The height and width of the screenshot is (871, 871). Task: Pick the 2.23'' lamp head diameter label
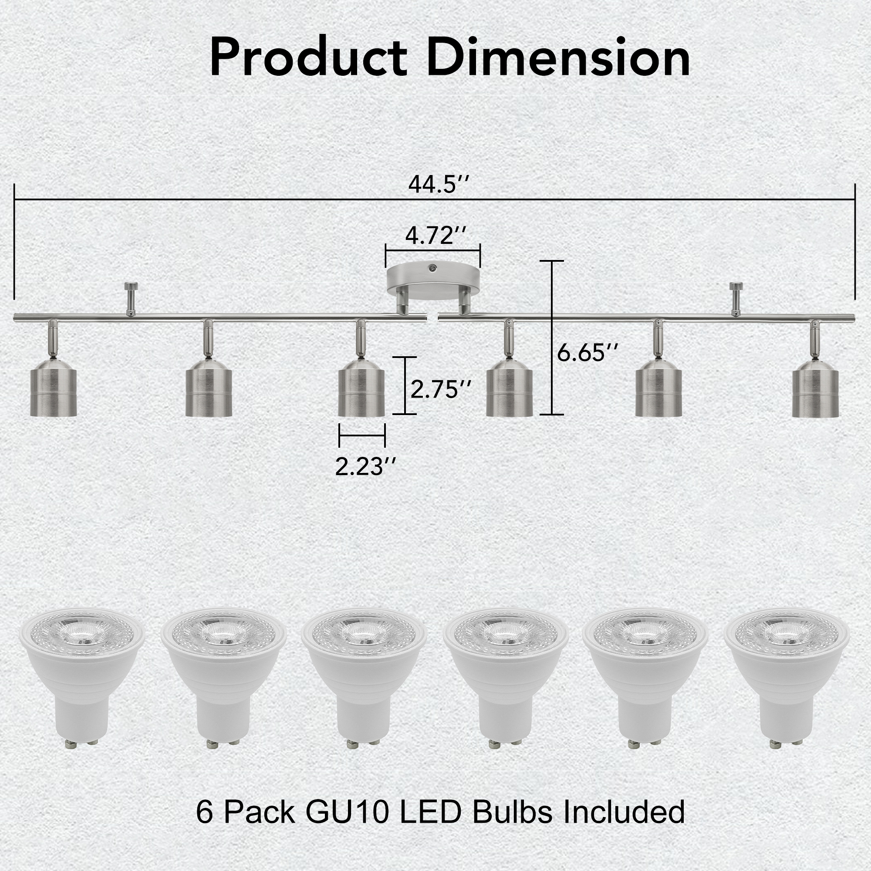click(365, 466)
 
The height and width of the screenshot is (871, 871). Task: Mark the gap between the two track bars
click(432, 318)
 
